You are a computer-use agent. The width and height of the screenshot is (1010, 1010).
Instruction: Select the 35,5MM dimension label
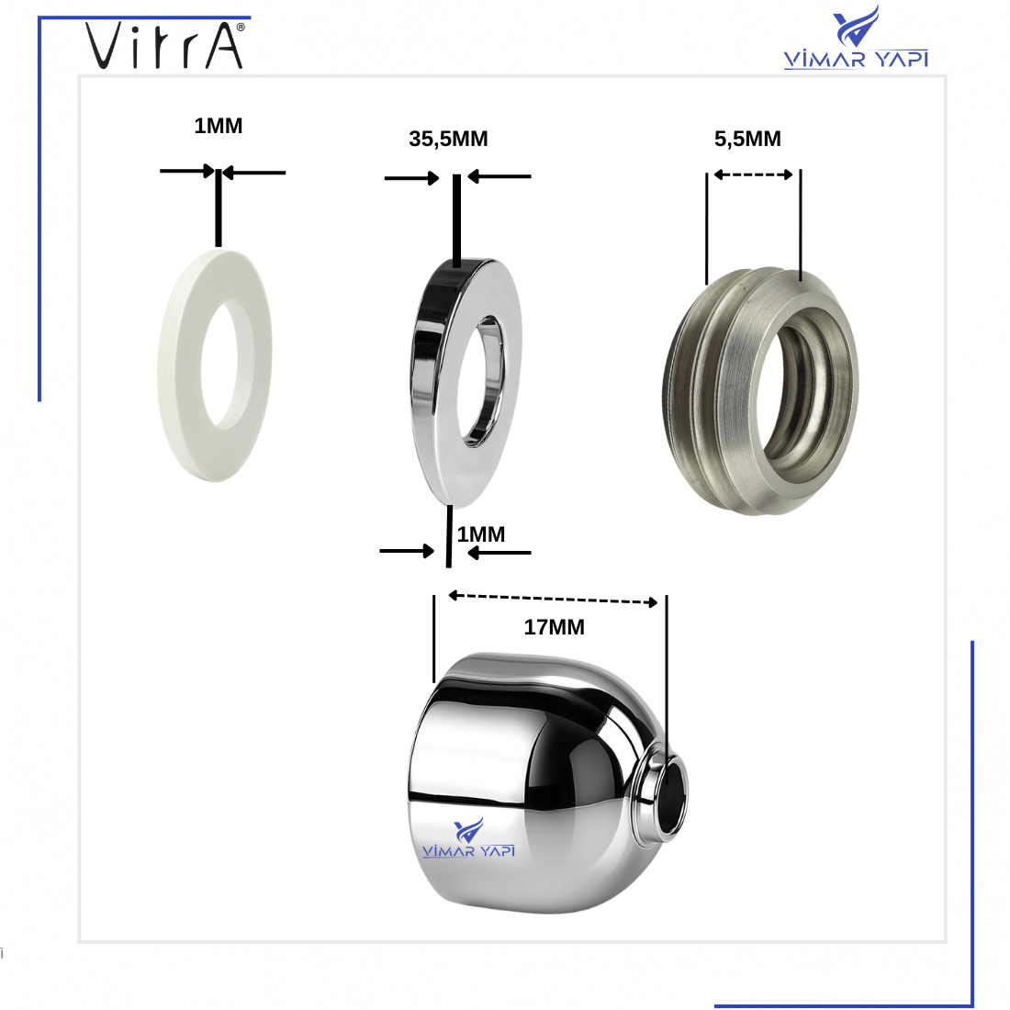click(x=448, y=139)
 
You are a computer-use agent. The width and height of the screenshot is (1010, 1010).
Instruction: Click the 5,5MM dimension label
click(x=747, y=139)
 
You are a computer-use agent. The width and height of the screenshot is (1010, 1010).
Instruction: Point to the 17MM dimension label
click(x=554, y=627)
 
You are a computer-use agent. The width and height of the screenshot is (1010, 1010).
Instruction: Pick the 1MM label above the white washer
click(x=219, y=126)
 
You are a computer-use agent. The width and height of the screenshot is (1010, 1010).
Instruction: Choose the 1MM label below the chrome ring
click(x=481, y=534)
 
